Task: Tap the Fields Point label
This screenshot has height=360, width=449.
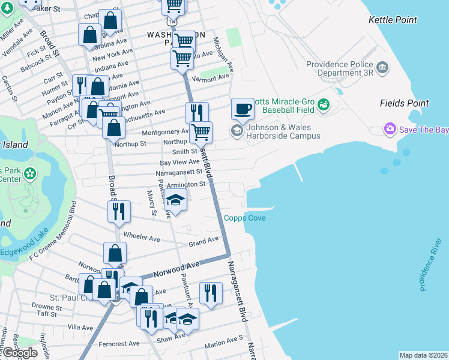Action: (x=405, y=103)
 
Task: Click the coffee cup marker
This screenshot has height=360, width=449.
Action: (x=243, y=109)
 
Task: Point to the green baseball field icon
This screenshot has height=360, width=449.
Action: (x=324, y=104)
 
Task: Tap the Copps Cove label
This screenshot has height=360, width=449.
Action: (x=245, y=218)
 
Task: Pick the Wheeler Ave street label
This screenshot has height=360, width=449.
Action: (x=141, y=238)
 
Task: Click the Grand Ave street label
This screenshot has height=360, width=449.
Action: (x=203, y=241)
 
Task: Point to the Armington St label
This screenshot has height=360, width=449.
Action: (x=185, y=185)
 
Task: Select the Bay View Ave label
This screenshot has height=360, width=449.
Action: (x=179, y=162)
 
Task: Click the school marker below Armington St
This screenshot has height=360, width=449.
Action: (x=176, y=200)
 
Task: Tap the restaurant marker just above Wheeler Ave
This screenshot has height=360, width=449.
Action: (x=118, y=211)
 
